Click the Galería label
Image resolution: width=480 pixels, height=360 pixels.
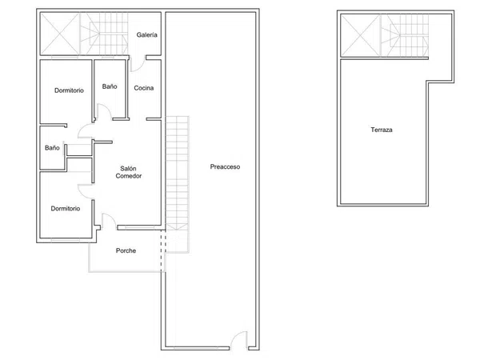(147, 35)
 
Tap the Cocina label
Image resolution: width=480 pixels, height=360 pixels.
(144, 88)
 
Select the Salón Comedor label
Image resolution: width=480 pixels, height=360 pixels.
(129, 172)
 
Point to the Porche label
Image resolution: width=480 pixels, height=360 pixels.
(126, 250)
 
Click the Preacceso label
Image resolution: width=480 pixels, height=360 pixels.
(225, 167)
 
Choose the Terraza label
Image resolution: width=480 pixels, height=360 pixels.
(382, 130)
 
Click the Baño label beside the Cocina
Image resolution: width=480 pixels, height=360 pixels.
(110, 86)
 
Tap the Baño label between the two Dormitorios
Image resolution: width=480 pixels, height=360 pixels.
(52, 148)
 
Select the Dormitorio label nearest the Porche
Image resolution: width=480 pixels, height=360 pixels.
(66, 209)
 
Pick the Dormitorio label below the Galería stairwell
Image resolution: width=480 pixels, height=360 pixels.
(69, 90)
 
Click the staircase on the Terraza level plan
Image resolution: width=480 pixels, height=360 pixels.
(404, 35)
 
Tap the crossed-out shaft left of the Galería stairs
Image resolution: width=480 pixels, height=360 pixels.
(60, 34)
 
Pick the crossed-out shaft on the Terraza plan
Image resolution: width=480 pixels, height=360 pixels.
(360, 35)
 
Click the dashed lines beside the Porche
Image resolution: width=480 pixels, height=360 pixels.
(163, 250)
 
